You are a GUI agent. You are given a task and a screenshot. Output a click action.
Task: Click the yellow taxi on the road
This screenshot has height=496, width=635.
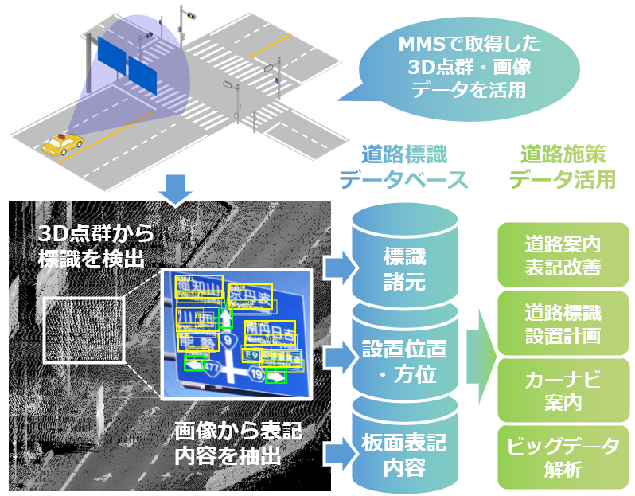tap(63, 144)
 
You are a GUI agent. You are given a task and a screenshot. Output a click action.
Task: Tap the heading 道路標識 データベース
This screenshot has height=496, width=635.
tap(403, 167)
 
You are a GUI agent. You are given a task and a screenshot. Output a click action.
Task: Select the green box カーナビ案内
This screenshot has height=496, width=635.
tap(563, 390)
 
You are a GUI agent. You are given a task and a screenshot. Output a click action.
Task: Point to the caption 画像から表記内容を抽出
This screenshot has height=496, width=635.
tap(238, 443)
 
